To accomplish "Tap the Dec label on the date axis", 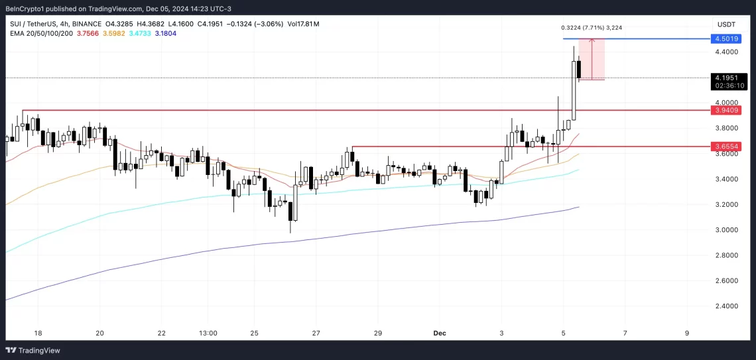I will point(439,333).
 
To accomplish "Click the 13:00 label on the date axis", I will point(208,333).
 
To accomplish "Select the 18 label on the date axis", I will point(38,333).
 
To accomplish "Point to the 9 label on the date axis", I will point(687,333).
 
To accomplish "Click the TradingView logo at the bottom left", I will point(32,350).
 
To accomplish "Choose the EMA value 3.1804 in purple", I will point(166,34).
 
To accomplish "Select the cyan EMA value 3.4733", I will point(141,34).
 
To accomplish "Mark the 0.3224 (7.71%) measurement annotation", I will point(591,28).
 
